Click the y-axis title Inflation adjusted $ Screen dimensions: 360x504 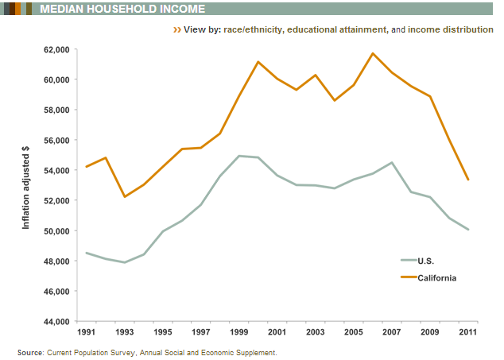tap(25, 186)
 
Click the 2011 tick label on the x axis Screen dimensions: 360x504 tap(469, 331)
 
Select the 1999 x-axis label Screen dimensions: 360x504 tap(239, 331)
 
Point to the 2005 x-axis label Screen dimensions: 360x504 tap(354, 331)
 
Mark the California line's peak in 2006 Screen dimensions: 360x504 tap(374, 53)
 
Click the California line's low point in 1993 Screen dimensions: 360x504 tap(124, 196)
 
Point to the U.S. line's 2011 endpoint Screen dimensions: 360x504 tap(469, 230)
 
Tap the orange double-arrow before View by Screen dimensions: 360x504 tap(176, 29)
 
